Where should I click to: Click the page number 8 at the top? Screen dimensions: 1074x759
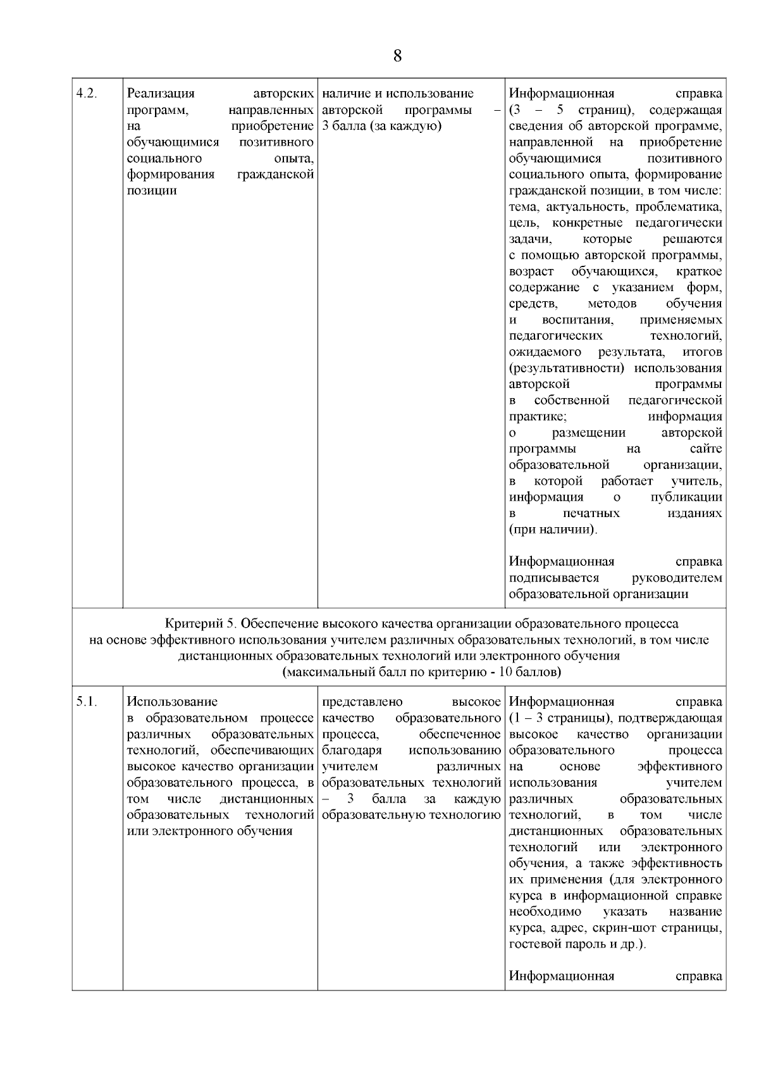click(397, 56)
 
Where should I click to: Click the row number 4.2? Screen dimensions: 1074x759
click(86, 94)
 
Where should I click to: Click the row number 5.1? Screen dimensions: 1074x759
click(86, 701)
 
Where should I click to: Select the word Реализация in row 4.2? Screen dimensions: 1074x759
click(161, 94)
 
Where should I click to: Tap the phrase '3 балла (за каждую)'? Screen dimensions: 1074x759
click(381, 126)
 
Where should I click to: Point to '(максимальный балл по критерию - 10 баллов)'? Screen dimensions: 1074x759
click(421, 672)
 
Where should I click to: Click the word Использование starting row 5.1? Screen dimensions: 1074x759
click(172, 701)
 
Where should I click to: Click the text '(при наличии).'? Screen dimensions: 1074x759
click(553, 529)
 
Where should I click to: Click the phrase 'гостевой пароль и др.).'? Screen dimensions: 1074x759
click(577, 944)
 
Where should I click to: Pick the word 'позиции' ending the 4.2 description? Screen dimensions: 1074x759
click(152, 190)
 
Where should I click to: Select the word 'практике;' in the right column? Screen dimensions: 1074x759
click(538, 416)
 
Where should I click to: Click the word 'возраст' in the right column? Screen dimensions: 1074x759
click(531, 272)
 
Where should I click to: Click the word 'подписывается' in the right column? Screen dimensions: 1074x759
click(554, 578)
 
